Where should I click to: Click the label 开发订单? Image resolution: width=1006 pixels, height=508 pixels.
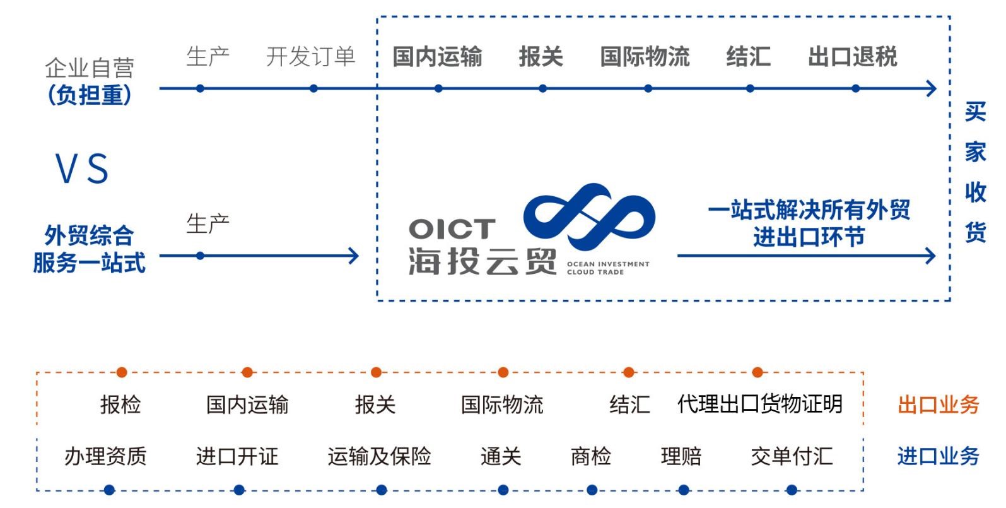[x=310, y=57]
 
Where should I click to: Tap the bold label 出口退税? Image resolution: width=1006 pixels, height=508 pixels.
[x=852, y=57]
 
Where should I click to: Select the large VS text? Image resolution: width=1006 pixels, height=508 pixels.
[x=83, y=168]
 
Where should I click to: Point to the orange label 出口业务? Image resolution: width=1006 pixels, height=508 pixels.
[x=938, y=405]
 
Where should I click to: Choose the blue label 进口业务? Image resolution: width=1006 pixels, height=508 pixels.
[x=938, y=456]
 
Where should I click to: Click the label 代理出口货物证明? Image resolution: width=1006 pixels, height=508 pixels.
[x=759, y=404]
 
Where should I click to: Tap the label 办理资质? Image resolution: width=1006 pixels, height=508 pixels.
[x=105, y=456]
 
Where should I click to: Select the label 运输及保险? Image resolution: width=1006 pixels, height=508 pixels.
[x=379, y=456]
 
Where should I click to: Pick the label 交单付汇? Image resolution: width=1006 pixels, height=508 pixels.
[x=792, y=456]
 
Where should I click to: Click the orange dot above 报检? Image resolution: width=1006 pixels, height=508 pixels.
[x=122, y=372]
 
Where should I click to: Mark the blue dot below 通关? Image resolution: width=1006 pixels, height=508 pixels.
[x=503, y=490]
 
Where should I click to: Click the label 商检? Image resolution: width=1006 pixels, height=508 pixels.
[x=591, y=456]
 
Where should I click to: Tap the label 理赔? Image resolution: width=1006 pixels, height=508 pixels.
[x=681, y=456]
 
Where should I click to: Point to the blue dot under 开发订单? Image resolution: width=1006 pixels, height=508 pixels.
[x=313, y=88]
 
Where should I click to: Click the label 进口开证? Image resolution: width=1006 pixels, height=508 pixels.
[x=237, y=456]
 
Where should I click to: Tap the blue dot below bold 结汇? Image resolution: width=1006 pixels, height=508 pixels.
[x=750, y=88]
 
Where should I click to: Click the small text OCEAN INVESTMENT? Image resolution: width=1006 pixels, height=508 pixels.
[x=608, y=264]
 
